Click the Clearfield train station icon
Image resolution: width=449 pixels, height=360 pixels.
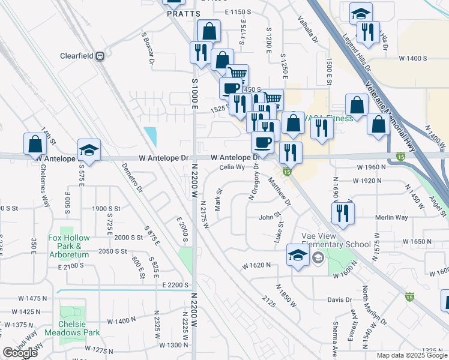click(100, 56)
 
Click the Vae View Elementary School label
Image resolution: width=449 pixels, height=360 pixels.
click(336, 240)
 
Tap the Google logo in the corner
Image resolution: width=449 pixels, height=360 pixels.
click(20, 353)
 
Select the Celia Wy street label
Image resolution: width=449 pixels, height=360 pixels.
click(232, 168)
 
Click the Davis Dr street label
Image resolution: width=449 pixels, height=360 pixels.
click(339, 300)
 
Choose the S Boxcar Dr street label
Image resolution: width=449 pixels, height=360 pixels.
click(148, 49)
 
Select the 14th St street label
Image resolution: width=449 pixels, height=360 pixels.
click(49, 139)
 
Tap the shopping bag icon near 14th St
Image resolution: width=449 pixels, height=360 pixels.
click(35, 144)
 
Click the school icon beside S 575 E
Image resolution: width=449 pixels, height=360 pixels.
click(89, 150)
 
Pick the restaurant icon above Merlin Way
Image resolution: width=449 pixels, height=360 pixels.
click(343, 212)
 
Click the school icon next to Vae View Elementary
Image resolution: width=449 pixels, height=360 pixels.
click(298, 256)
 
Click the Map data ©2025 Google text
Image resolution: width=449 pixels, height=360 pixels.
click(411, 355)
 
